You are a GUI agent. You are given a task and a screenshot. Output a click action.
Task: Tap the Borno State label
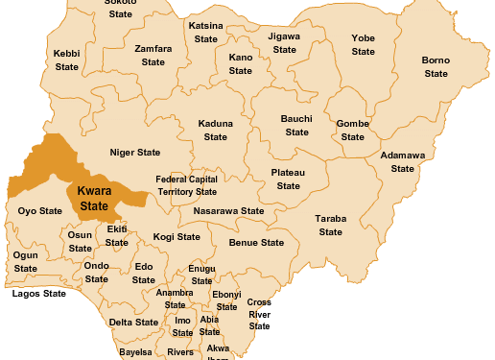click(436, 67)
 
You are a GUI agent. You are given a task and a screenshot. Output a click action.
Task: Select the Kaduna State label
click(216, 131)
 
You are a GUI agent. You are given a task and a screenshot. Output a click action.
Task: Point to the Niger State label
click(135, 153)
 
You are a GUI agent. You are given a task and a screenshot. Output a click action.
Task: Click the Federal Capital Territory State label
click(187, 185)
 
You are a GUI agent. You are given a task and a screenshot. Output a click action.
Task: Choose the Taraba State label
click(331, 226)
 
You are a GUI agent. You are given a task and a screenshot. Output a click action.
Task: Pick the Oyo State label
click(40, 210)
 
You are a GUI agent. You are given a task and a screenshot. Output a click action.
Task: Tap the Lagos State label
click(39, 294)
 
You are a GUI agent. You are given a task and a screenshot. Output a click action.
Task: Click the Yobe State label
click(363, 45)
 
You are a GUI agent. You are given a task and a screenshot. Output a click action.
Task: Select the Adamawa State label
click(403, 161)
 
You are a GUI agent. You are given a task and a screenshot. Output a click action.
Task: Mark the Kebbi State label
click(66, 60)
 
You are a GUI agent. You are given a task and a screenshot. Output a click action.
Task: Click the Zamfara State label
click(153, 55)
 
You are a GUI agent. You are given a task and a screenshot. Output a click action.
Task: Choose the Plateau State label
click(289, 179)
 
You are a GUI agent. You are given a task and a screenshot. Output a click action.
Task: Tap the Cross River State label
click(259, 314)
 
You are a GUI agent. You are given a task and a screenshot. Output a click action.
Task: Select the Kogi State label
click(177, 236)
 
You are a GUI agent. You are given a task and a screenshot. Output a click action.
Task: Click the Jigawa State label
click(285, 42)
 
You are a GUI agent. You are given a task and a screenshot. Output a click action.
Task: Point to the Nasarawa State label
click(228, 210)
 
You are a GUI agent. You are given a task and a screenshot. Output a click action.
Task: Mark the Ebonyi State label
click(226, 300)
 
